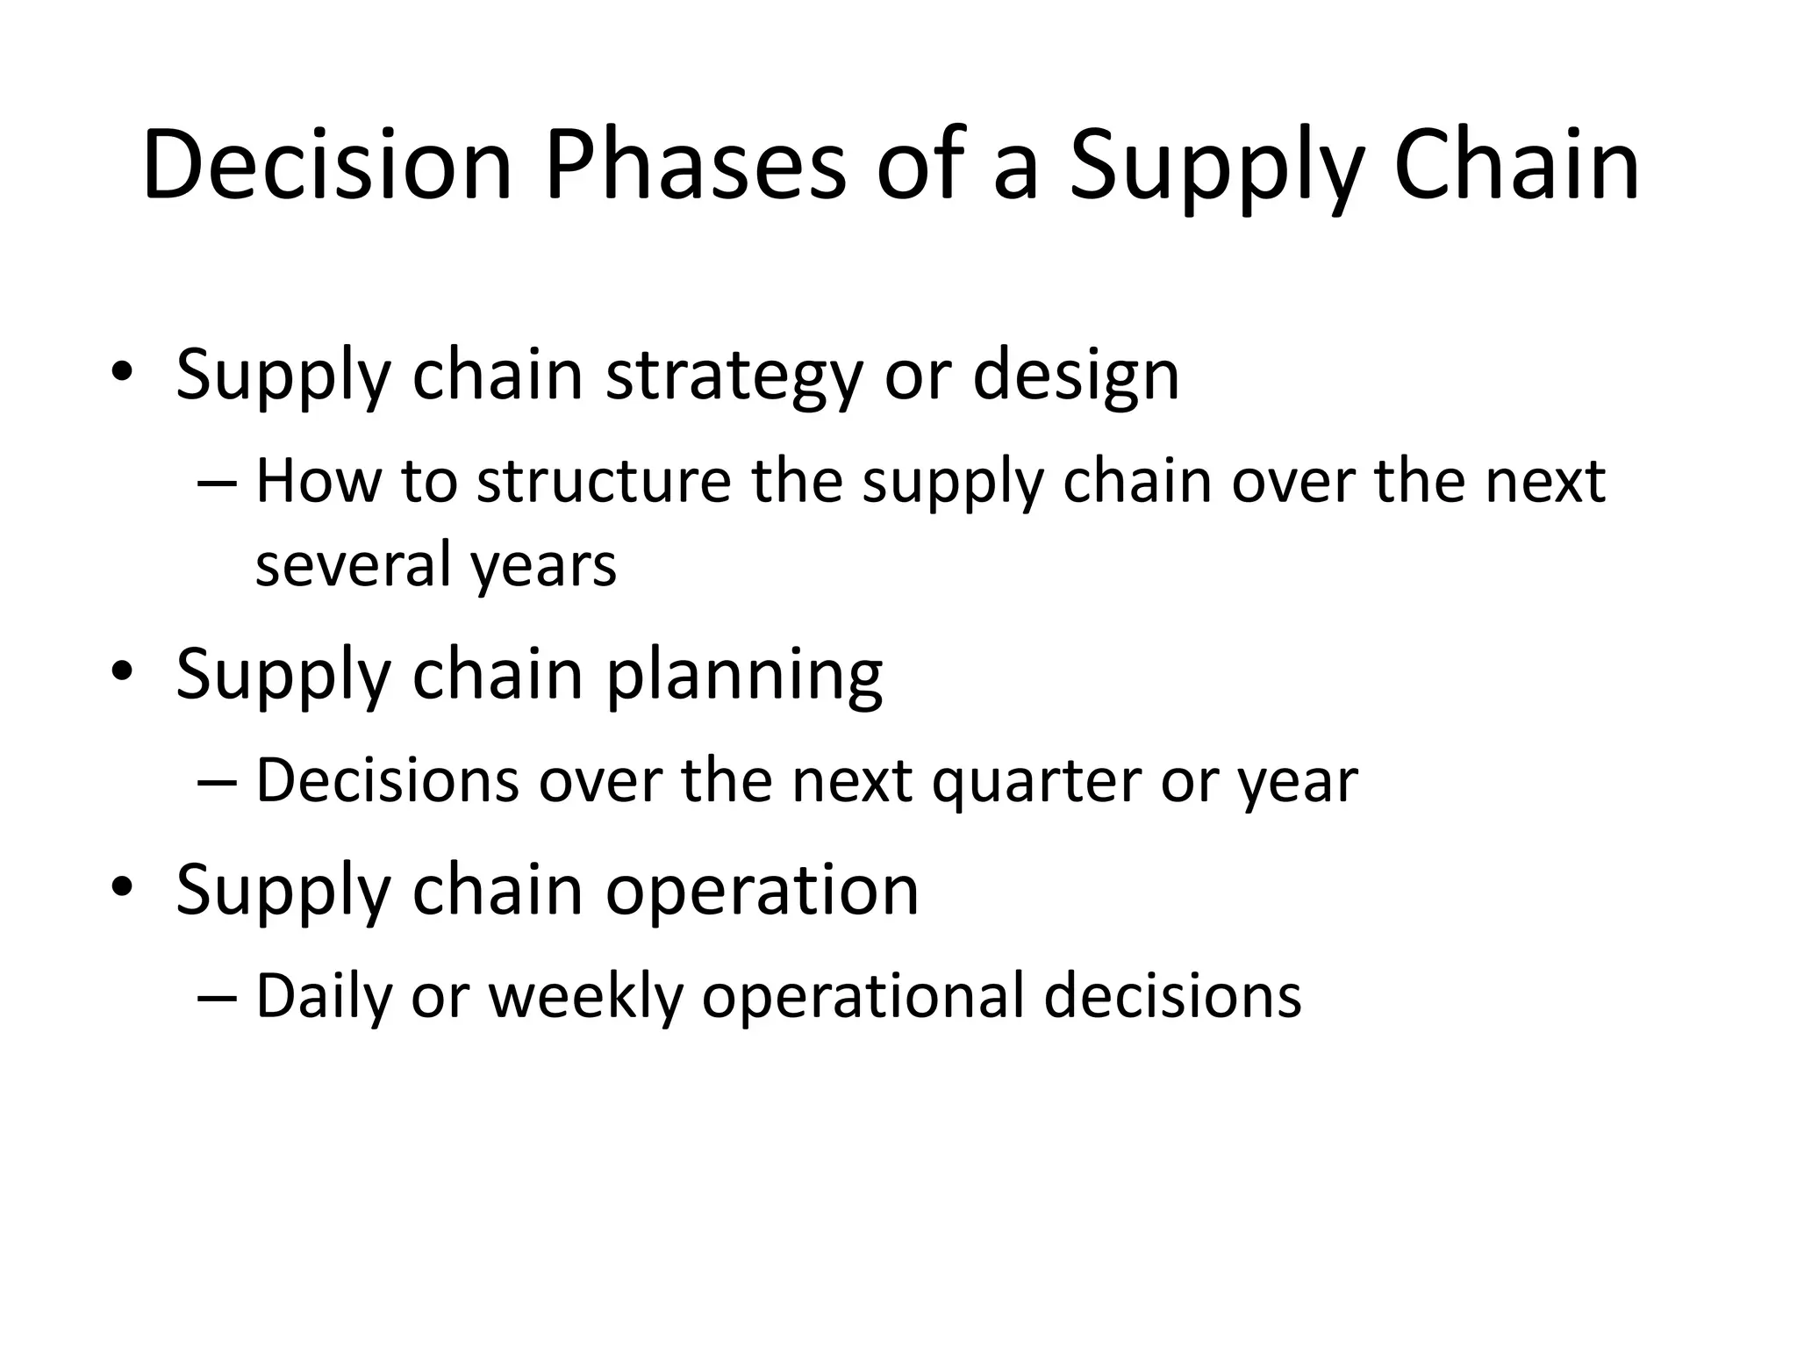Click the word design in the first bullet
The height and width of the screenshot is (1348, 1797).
[x=1076, y=376]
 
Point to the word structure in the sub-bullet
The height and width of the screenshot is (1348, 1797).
[x=604, y=483]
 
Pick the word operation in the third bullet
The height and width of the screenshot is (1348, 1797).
[x=762, y=892]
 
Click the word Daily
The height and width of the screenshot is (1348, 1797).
[x=323, y=999]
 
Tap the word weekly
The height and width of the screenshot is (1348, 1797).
[x=585, y=997]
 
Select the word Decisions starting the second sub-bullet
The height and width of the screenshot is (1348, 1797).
[x=387, y=781]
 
